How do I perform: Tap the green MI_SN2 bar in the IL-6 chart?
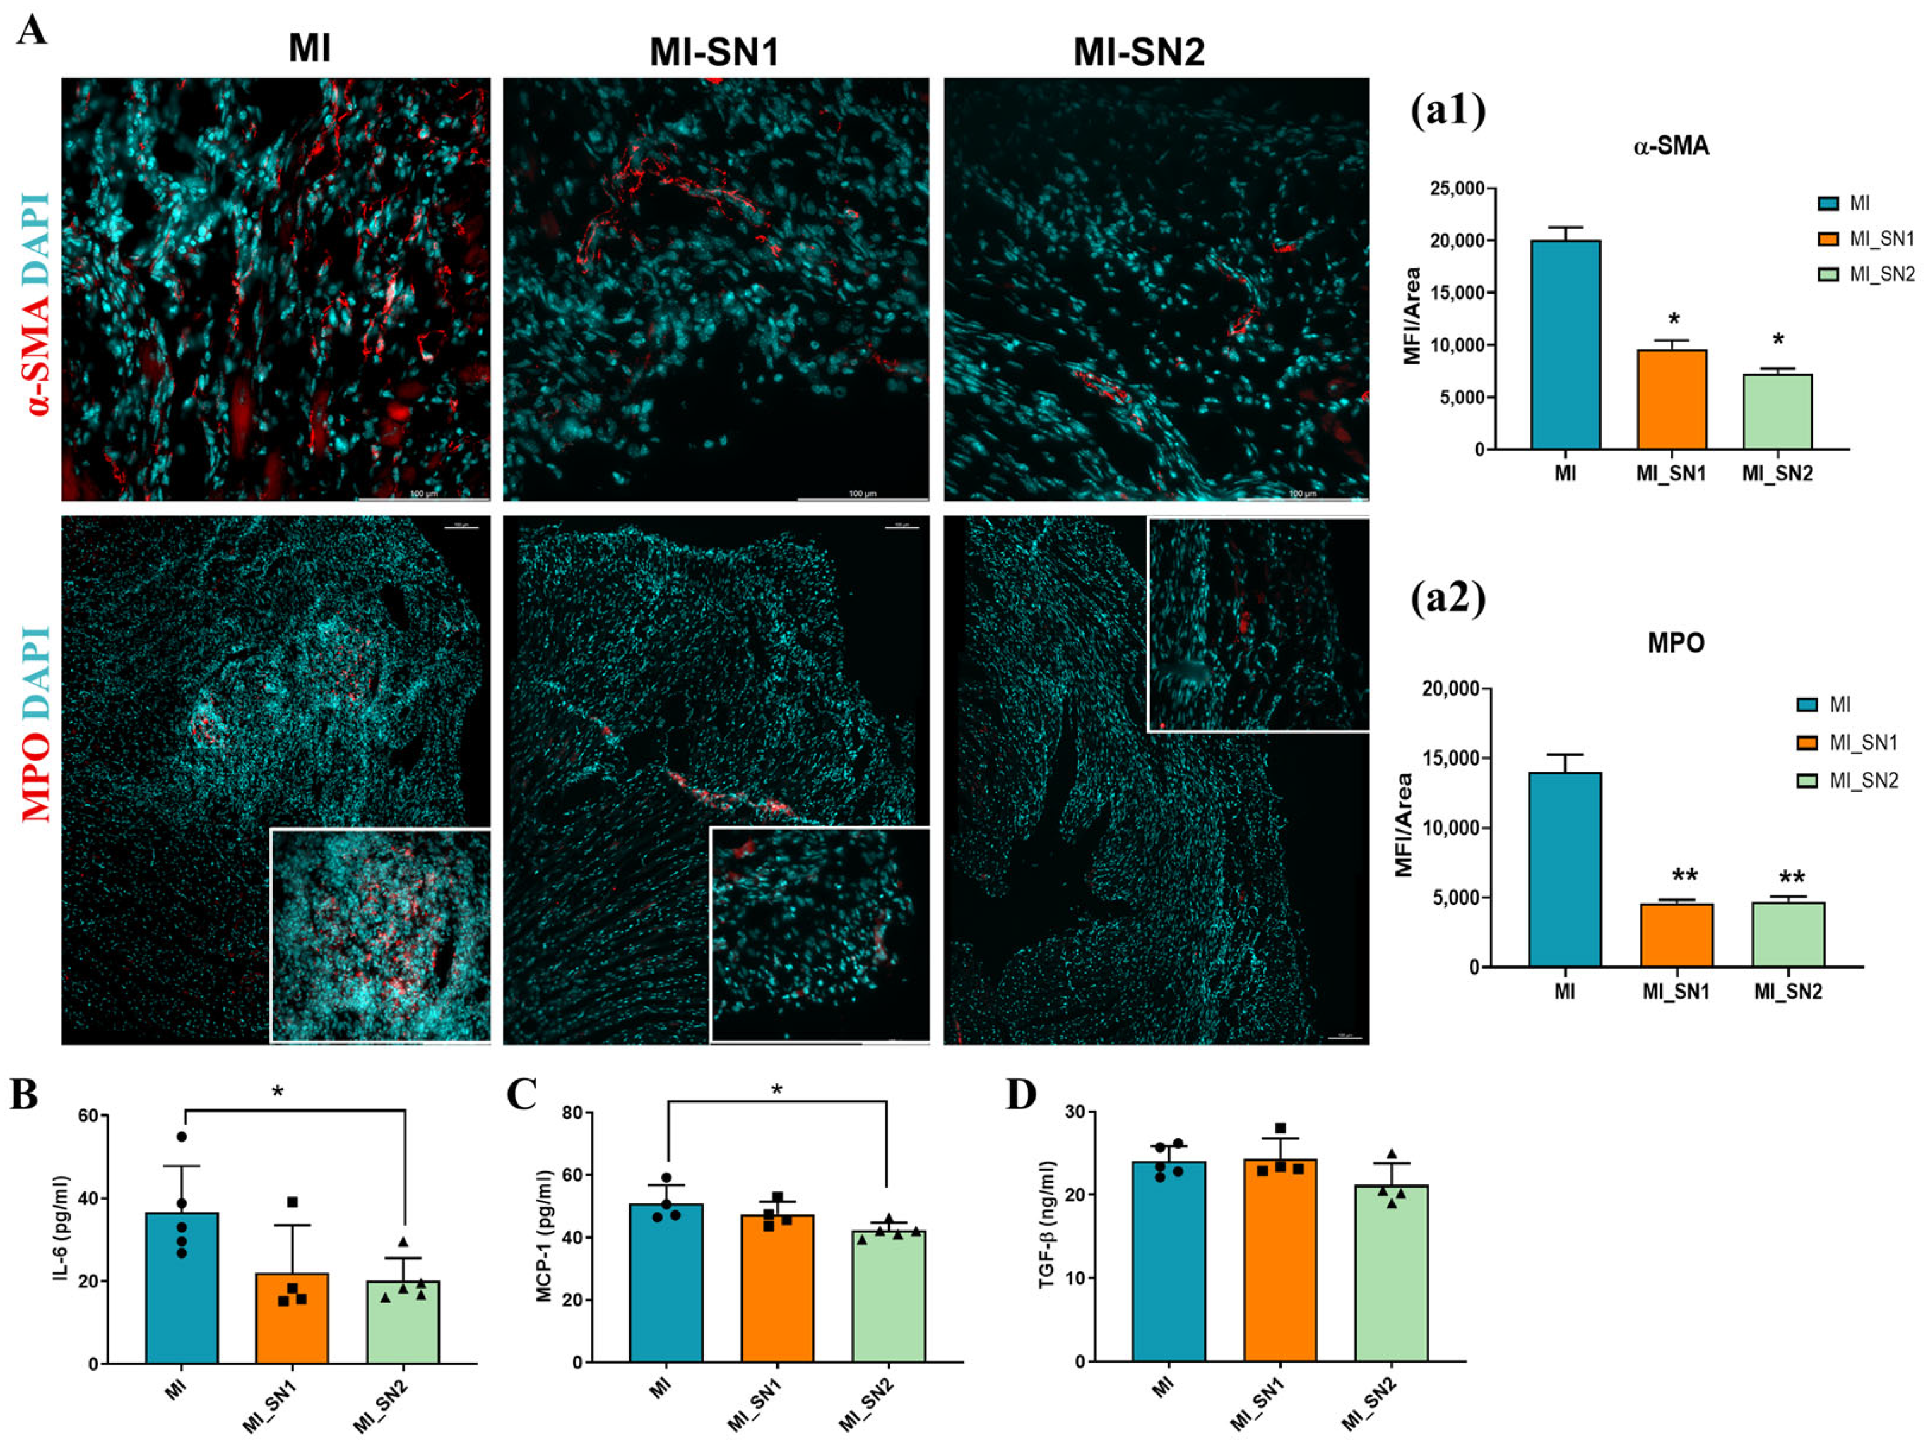[403, 1322]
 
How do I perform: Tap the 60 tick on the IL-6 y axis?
[87, 1116]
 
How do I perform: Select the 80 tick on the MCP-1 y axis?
[572, 1113]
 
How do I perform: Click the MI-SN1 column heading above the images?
[714, 52]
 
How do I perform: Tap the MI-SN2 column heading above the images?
[1139, 52]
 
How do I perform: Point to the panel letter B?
[25, 1095]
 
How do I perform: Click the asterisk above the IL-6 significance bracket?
[278, 1092]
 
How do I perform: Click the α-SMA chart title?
[1671, 146]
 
